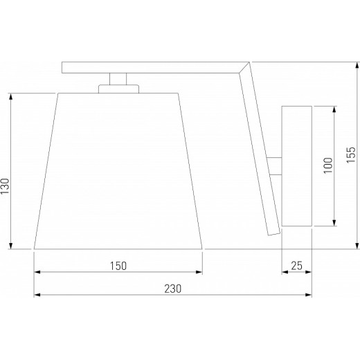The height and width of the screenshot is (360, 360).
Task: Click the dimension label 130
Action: point(5,186)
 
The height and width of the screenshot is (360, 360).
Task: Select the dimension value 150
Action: point(118,266)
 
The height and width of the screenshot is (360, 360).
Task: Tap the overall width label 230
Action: point(173,289)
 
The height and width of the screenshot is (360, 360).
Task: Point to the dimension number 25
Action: point(296,266)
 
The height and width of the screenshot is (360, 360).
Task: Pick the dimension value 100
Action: point(328,165)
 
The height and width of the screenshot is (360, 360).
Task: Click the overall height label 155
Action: point(351,155)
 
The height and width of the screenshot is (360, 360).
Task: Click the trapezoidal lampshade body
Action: point(118,171)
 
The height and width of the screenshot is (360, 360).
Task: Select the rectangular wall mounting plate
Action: point(297,166)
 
